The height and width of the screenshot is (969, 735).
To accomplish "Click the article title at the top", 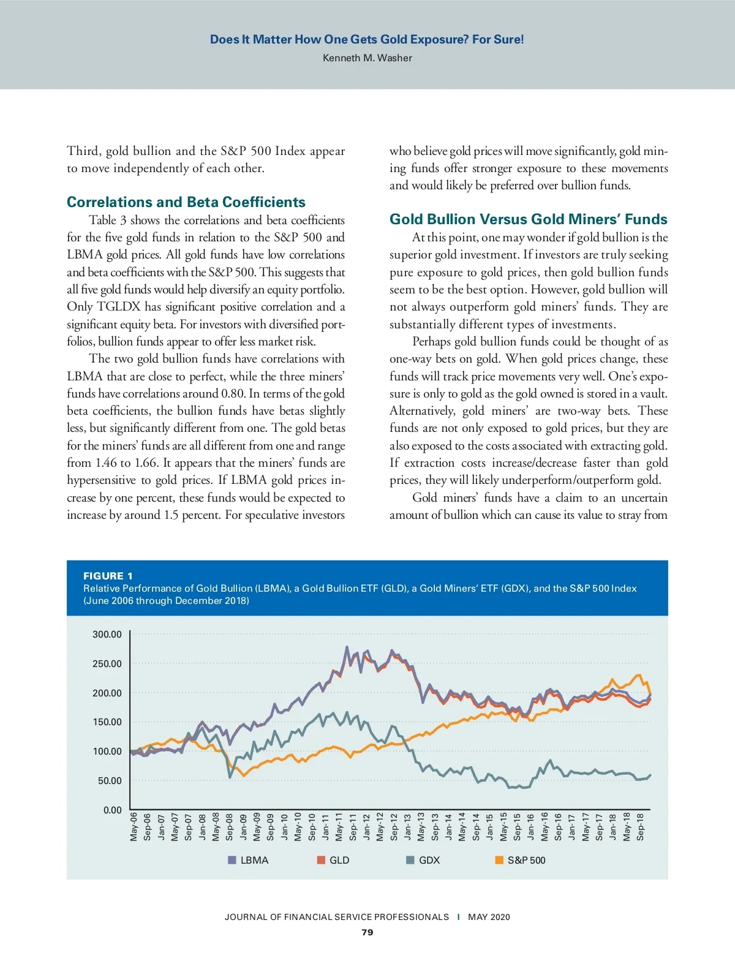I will click(x=367, y=40).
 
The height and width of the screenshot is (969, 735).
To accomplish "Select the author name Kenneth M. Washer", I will click(x=367, y=58).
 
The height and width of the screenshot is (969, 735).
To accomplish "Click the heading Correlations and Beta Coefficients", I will click(x=186, y=202).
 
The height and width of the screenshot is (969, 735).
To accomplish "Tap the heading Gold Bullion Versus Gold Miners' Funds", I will click(x=528, y=219).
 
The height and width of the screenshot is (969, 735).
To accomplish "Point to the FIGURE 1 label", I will click(x=108, y=576).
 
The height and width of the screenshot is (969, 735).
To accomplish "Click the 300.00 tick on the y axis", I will click(x=107, y=635).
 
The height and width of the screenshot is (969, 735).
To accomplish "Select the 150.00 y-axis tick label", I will click(x=107, y=722).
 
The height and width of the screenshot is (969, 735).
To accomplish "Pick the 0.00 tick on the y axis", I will click(x=112, y=810).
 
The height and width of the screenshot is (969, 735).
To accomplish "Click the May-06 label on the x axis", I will click(x=134, y=826).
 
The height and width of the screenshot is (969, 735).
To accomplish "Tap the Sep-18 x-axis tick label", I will click(x=641, y=826).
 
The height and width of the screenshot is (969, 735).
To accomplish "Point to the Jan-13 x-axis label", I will click(x=408, y=826).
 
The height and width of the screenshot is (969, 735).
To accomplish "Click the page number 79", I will click(x=367, y=932).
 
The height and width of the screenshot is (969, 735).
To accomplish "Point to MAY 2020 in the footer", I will click(x=489, y=917).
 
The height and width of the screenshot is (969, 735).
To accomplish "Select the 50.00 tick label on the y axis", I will click(x=110, y=781).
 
